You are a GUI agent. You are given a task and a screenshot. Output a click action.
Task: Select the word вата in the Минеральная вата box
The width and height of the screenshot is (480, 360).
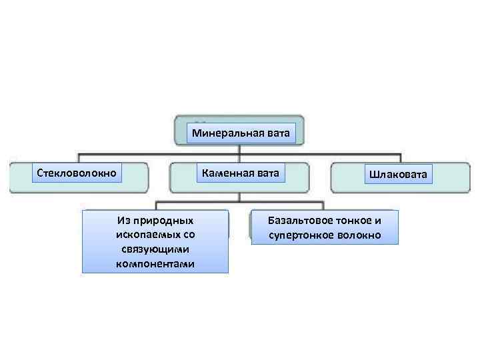[277, 133]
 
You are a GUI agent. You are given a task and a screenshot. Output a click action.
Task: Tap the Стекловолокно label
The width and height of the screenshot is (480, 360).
[77, 173]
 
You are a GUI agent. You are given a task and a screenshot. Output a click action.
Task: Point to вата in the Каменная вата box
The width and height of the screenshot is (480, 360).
[265, 173]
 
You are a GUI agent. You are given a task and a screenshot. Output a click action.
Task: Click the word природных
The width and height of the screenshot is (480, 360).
[164, 220]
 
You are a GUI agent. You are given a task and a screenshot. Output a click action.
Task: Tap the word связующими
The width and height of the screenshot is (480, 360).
[155, 249]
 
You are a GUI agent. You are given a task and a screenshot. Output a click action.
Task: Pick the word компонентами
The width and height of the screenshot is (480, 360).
[155, 264]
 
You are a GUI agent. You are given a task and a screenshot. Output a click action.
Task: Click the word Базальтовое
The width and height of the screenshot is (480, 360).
[300, 220]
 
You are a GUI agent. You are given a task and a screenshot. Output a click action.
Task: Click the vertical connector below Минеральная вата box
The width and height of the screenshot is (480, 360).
[240, 150]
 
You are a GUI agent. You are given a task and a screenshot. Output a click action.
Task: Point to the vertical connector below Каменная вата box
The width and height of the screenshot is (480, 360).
[240, 194]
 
